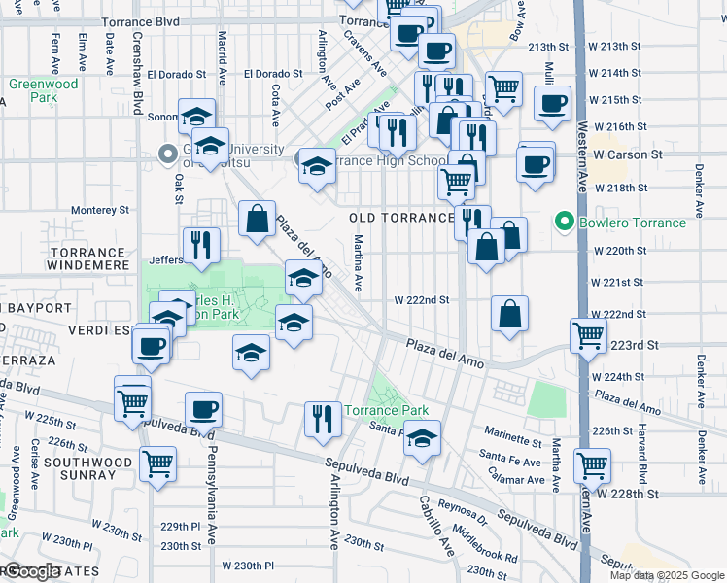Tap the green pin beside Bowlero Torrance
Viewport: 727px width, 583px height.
click(x=560, y=223)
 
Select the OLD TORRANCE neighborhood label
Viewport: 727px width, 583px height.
click(x=401, y=218)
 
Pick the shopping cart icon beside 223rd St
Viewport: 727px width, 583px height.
click(x=589, y=337)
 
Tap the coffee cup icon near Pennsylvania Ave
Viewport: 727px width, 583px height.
click(x=203, y=410)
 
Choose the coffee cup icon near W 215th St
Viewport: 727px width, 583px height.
click(x=552, y=102)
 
